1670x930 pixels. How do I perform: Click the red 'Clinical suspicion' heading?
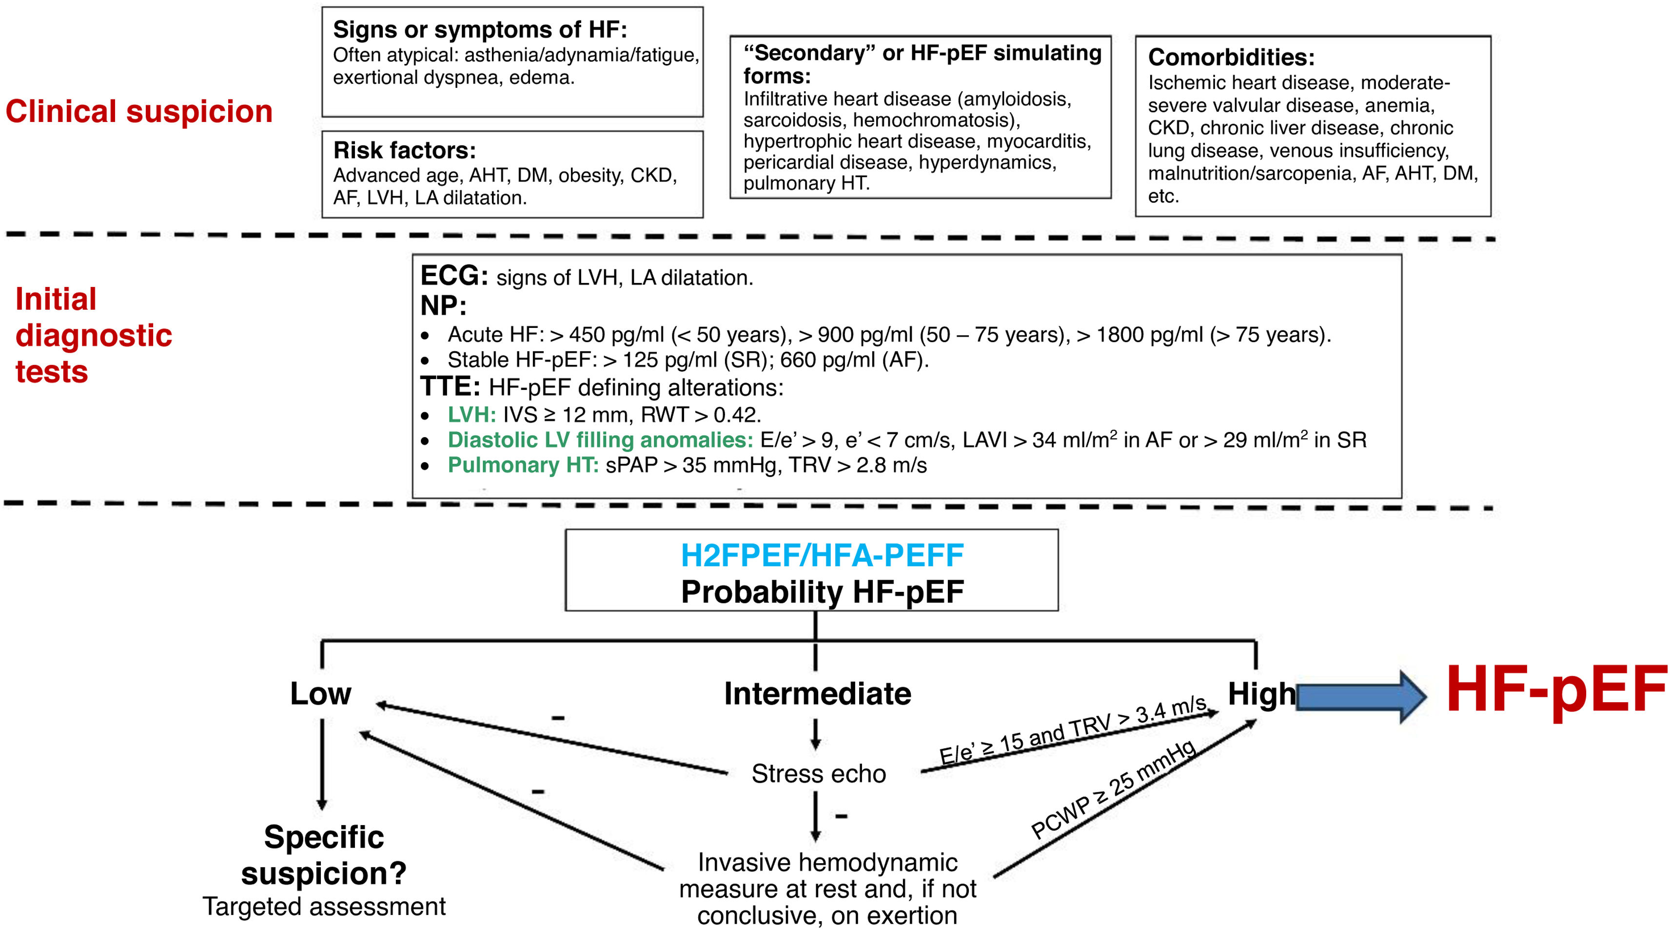point(139,112)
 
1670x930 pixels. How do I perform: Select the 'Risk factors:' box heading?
point(405,150)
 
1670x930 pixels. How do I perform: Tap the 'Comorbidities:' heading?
point(1231,58)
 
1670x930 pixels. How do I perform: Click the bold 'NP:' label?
point(443,306)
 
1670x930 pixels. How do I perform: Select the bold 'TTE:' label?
point(450,387)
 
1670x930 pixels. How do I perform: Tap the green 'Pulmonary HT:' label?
point(523,465)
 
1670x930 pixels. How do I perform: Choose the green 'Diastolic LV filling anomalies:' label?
point(600,440)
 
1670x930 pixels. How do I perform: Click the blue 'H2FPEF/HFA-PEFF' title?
point(822,556)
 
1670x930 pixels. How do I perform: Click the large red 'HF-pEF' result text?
point(1556,691)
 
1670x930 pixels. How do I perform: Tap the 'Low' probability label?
point(320,694)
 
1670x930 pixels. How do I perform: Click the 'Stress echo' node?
point(818,774)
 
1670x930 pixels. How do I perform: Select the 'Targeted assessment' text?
point(324,907)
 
